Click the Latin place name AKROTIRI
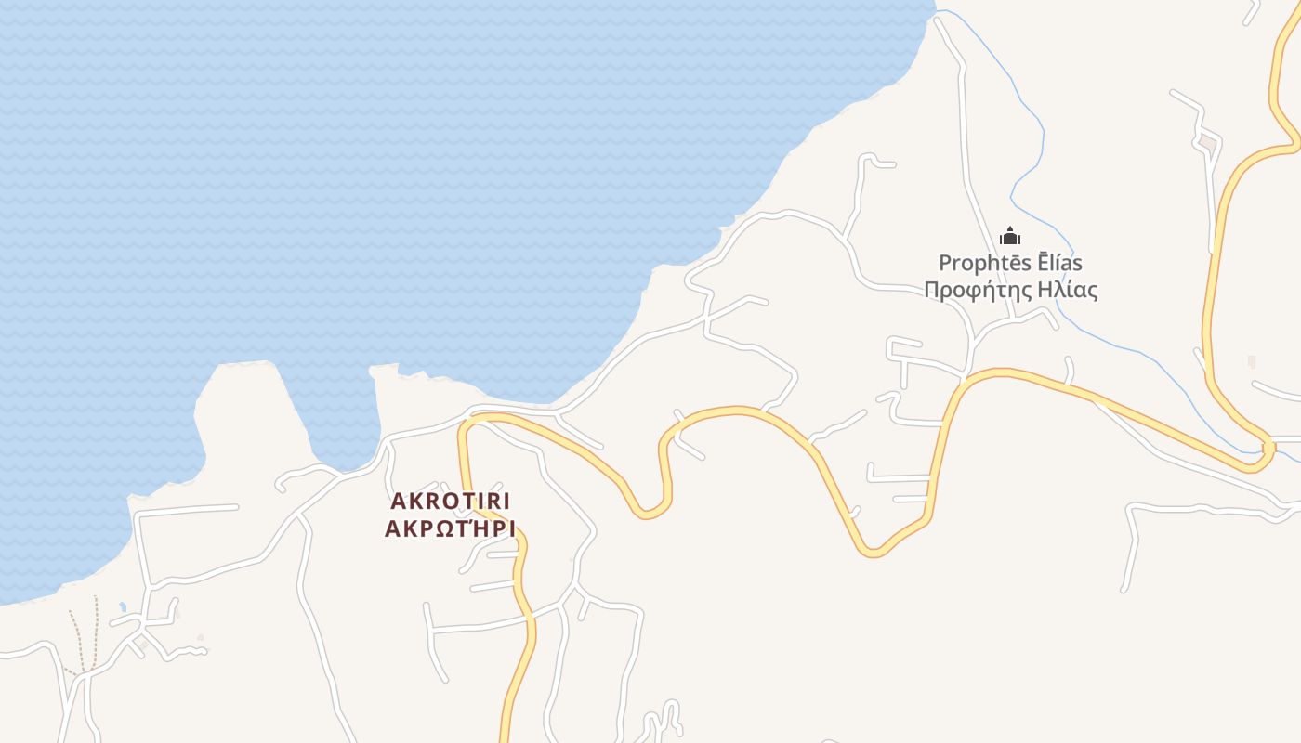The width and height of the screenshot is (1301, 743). (x=450, y=502)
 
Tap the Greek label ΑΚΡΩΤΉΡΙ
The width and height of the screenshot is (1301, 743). (x=450, y=529)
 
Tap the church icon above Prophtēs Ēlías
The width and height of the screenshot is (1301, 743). (x=1010, y=236)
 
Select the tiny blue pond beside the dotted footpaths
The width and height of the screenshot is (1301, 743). (x=122, y=607)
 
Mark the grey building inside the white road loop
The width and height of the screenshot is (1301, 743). (x=1207, y=141)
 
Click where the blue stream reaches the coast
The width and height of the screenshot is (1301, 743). (x=934, y=12)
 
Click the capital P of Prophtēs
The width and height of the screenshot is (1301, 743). (x=946, y=264)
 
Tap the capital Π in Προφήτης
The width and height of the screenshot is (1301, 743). (x=932, y=291)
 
